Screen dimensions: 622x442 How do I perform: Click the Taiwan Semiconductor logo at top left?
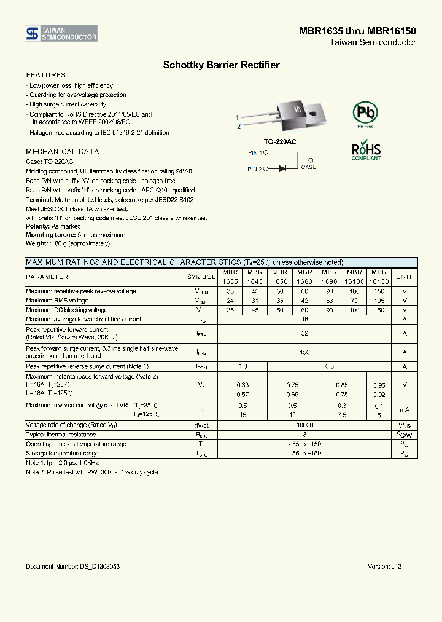click(x=61, y=34)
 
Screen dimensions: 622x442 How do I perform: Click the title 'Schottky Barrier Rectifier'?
click(x=221, y=65)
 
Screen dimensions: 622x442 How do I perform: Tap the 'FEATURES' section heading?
click(x=45, y=75)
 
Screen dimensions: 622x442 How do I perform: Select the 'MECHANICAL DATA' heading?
click(x=62, y=151)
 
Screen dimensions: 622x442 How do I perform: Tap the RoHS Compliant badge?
click(x=366, y=151)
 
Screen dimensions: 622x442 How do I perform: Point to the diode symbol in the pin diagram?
click(x=283, y=167)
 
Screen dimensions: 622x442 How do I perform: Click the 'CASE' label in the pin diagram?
click(x=309, y=167)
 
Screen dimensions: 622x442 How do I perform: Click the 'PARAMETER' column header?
click(x=47, y=277)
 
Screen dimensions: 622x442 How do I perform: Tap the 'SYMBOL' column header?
click(x=201, y=277)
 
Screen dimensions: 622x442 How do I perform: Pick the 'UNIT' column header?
click(x=404, y=277)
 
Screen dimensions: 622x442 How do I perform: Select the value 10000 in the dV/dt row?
click(x=304, y=425)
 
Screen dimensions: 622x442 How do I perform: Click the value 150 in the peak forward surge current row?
click(x=304, y=352)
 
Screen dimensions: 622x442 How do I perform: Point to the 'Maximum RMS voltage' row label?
click(x=57, y=301)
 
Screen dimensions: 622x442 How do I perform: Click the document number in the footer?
click(x=73, y=566)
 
